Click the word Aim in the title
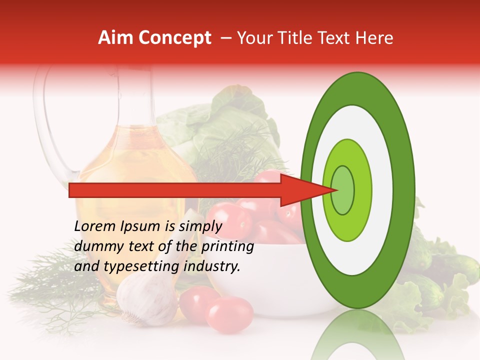coord(115,38)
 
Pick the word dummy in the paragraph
coord(95,246)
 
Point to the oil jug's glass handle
coord(47,125)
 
